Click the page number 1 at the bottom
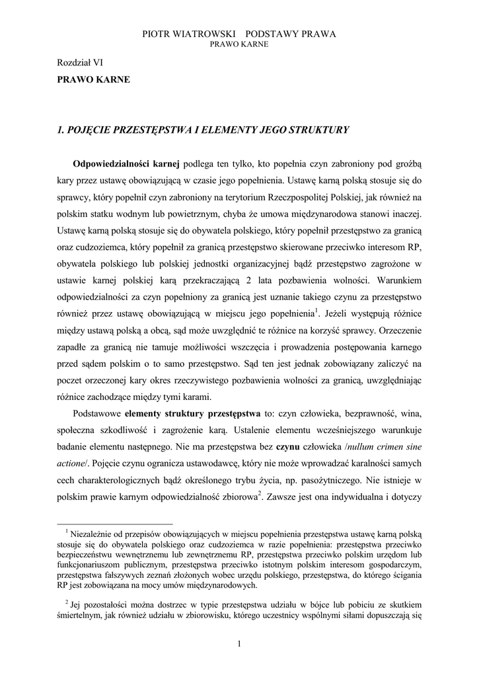(239, 645)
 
